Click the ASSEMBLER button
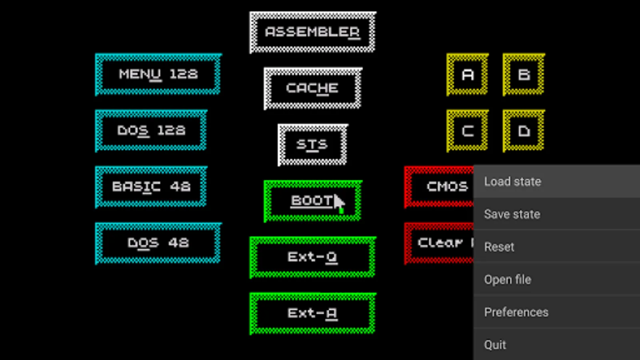(312, 32)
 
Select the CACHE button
(312, 88)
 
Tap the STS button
(312, 144)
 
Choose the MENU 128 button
(158, 74)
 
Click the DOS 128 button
(151, 131)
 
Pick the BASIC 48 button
(151, 187)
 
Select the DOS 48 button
(158, 243)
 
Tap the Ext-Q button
(312, 257)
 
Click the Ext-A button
(312, 313)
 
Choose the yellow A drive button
(467, 74)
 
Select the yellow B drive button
(524, 74)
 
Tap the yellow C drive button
(467, 131)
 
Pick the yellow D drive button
(524, 131)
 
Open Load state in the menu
(556, 182)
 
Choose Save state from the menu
(556, 214)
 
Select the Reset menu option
(556, 247)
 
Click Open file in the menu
(556, 280)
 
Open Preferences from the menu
(556, 312)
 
